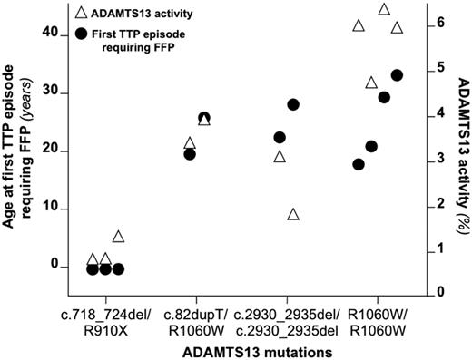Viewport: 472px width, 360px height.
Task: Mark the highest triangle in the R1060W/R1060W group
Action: [x=384, y=9]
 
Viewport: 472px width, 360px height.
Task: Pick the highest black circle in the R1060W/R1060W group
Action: [x=397, y=75]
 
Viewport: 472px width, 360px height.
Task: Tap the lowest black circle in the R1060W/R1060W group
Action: [x=359, y=164]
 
